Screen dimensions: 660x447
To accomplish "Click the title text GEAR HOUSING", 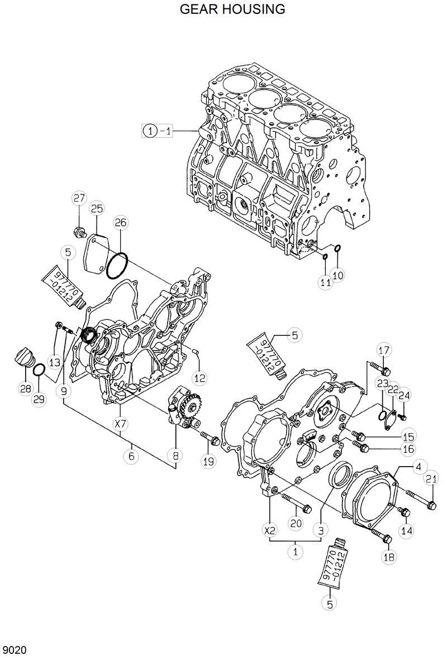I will click(x=232, y=10).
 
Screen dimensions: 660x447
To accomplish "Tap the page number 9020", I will click(x=14, y=650).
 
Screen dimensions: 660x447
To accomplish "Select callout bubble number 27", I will click(x=79, y=198).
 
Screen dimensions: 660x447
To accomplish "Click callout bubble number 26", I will click(x=121, y=222).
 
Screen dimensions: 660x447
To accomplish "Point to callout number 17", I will click(x=383, y=350).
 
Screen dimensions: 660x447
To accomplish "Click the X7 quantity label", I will click(x=121, y=424).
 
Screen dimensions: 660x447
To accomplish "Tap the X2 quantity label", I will click(x=270, y=529).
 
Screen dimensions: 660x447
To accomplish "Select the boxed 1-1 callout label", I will click(x=159, y=131).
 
